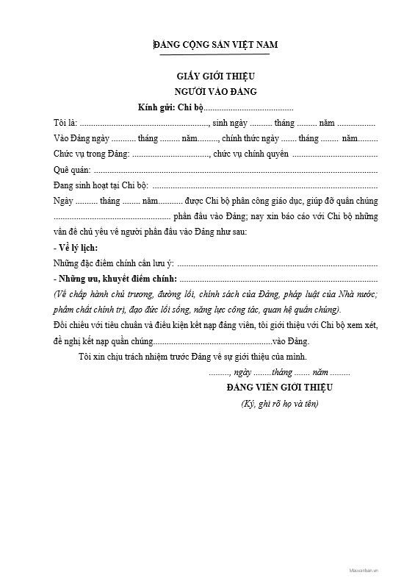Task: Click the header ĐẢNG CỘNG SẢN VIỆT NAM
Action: [215, 44]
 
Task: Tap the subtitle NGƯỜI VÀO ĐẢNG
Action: [215, 92]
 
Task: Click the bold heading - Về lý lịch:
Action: [76, 248]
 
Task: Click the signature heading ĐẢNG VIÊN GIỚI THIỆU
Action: [280, 388]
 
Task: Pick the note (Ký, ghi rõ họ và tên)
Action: [280, 404]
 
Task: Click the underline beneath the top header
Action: [215, 54]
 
